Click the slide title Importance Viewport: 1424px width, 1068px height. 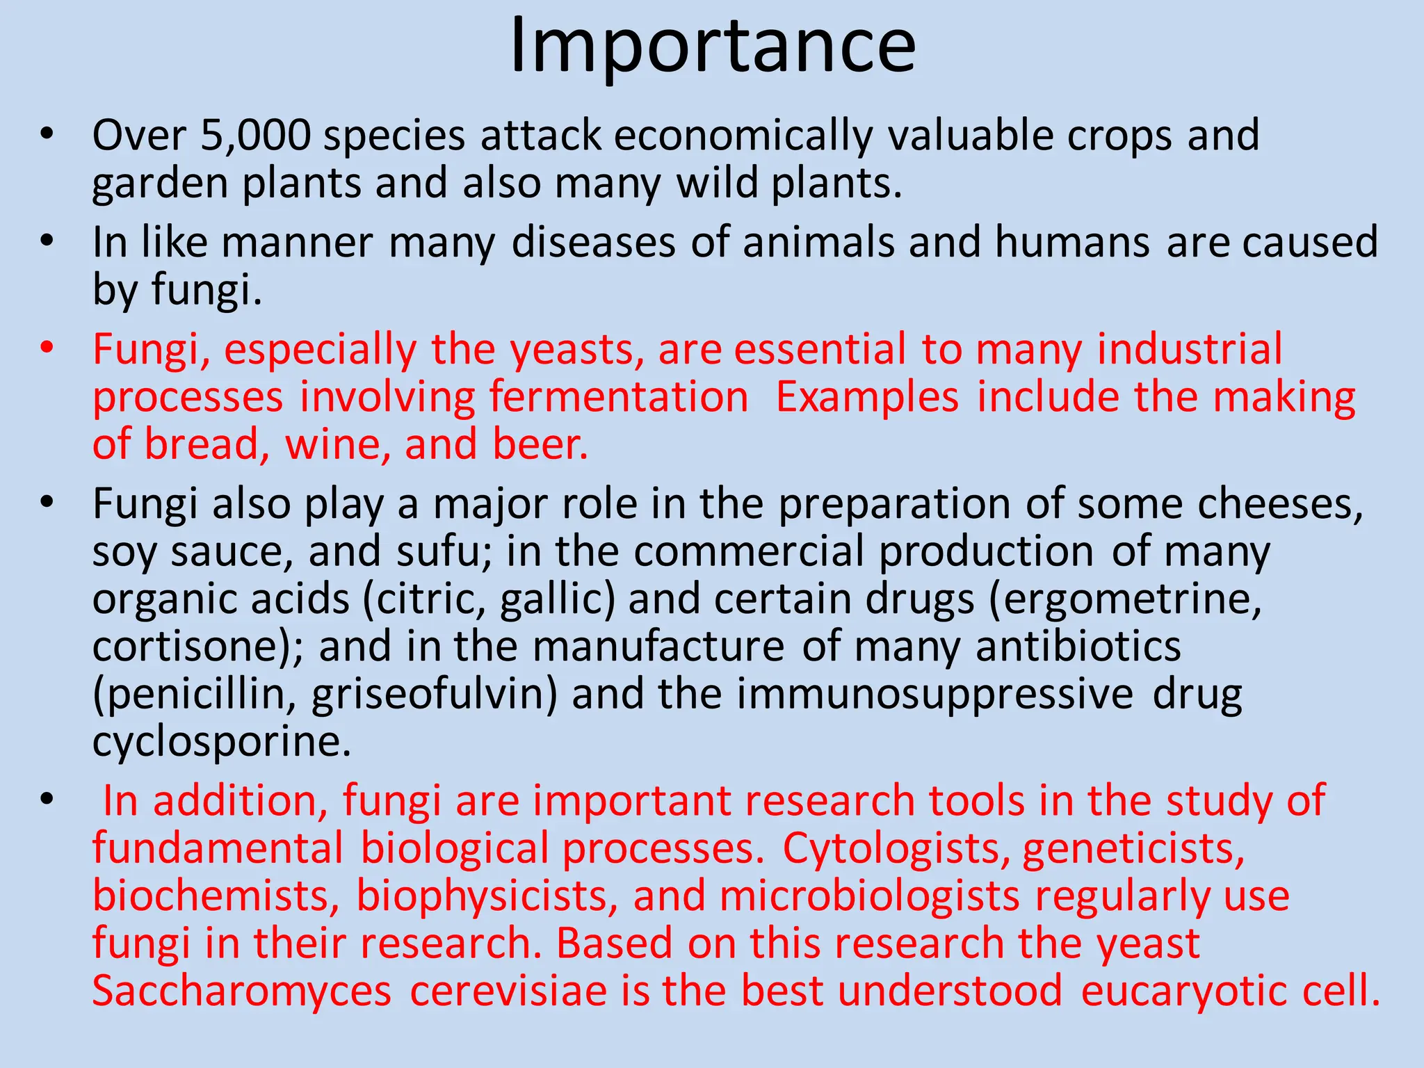(712, 47)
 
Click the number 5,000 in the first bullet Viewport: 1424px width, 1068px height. (255, 135)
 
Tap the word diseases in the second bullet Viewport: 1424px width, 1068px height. (593, 243)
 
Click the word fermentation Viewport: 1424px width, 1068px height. (618, 397)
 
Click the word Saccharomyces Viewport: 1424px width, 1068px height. (242, 991)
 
